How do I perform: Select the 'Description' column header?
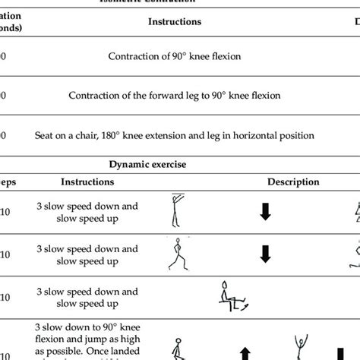tap(292, 182)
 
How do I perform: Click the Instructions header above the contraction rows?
tap(174, 22)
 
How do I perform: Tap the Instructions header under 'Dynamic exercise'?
tap(87, 182)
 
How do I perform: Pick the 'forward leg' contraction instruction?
tap(174, 96)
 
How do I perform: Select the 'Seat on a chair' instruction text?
tap(174, 136)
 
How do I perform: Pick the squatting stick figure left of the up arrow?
tap(176, 350)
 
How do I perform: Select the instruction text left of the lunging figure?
tap(87, 255)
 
